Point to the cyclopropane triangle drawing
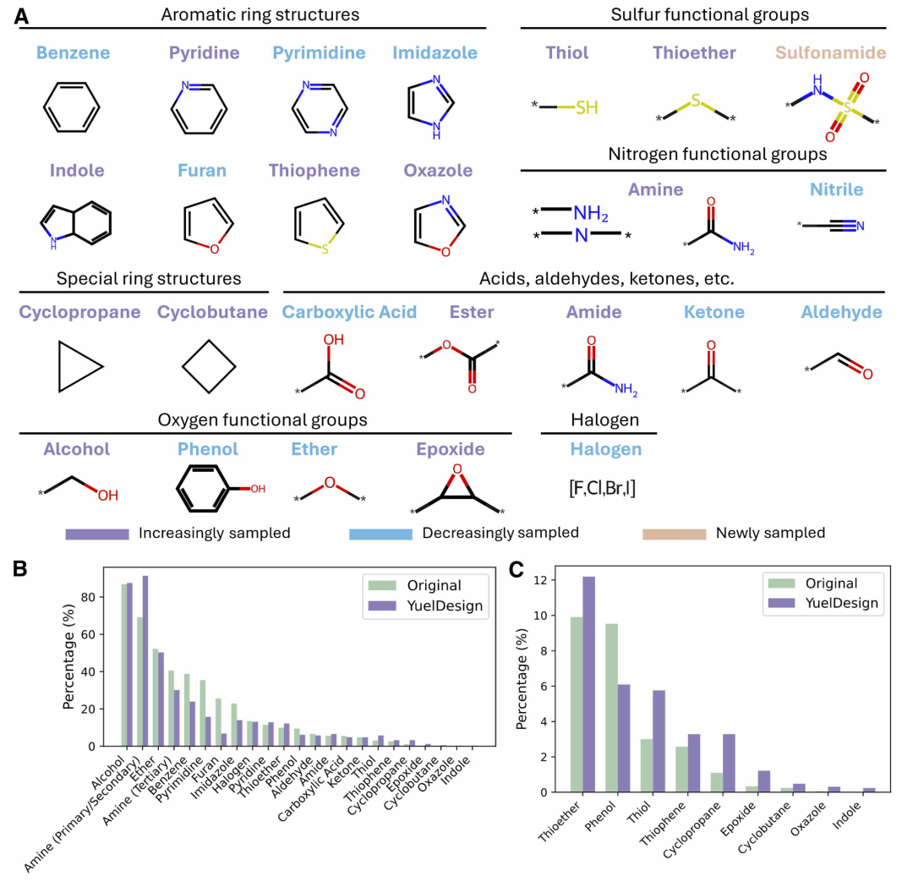77,366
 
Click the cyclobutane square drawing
207,367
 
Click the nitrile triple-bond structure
832,225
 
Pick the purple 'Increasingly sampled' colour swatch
97,534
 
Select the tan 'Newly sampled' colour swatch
674,534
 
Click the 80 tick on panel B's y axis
108,597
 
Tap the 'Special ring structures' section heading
148,278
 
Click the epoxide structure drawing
456,490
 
